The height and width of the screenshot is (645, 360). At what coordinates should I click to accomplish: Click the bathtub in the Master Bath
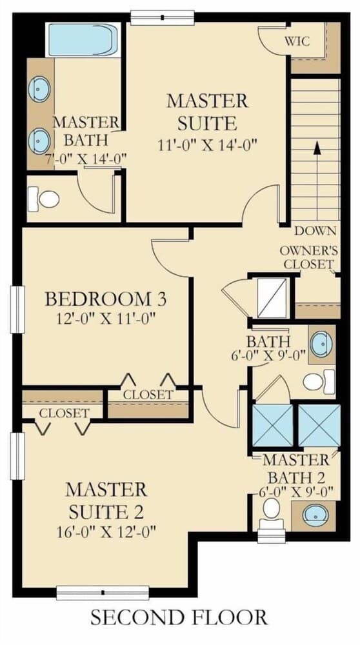pos(85,39)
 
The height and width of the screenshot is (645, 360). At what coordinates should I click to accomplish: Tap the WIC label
pos(297,42)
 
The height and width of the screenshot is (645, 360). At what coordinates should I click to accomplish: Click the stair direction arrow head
pos(317,148)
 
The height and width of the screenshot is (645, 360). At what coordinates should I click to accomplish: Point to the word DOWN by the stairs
pos(315,231)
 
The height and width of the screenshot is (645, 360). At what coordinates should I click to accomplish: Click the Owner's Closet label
pos(308,257)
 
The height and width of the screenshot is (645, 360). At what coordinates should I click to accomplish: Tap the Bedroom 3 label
pos(106,299)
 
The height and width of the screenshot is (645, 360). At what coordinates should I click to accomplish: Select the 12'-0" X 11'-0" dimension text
pos(106,318)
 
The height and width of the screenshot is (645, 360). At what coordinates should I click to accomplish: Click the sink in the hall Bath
pos(321,344)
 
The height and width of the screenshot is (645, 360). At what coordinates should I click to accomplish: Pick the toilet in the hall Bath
pos(319,381)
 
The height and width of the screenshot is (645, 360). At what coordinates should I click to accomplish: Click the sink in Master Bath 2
pos(315,515)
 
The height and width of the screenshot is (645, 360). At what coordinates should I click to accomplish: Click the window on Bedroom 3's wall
pos(17,309)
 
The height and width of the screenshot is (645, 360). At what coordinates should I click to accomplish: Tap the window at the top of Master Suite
pos(162,17)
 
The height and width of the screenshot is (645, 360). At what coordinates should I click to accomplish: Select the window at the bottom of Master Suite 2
pos(103,593)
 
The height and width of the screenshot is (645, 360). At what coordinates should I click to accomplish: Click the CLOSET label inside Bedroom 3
pos(148,395)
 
